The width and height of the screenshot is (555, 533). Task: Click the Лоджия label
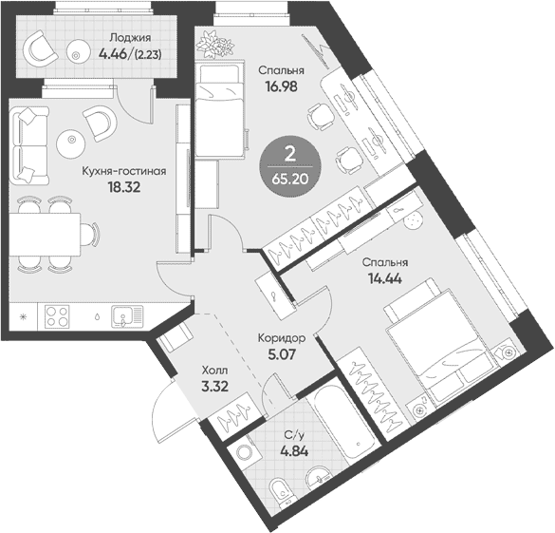[x=130, y=38]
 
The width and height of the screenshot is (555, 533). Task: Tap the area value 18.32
[x=124, y=187]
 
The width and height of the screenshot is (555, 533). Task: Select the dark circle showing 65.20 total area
[x=290, y=166]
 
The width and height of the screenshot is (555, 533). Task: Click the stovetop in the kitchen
[x=57, y=316]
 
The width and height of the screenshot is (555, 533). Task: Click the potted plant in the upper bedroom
[x=216, y=45]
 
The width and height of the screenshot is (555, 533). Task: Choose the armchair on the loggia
[x=40, y=49]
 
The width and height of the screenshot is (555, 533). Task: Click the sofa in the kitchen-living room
[x=29, y=146]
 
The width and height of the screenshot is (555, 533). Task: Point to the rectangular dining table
[x=46, y=234]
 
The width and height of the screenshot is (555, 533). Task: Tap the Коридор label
[x=282, y=339]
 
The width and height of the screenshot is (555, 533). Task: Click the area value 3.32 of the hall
[x=214, y=386]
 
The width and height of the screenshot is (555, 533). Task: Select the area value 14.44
[x=385, y=279]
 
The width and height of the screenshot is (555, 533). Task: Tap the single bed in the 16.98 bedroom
[x=219, y=110]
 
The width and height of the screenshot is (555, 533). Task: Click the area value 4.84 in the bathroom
[x=294, y=451]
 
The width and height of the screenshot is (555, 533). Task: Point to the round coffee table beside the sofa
[x=71, y=141]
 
